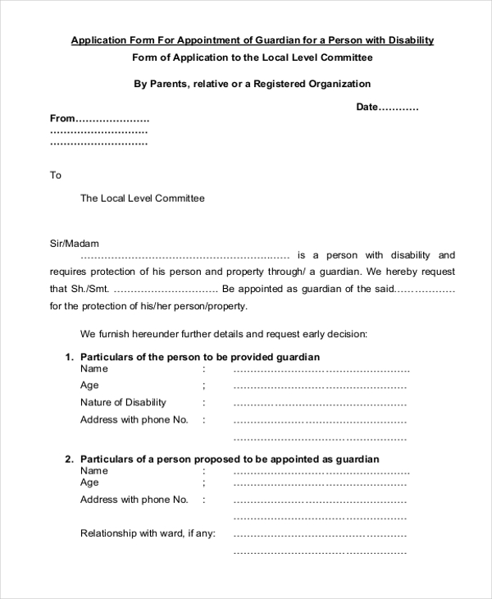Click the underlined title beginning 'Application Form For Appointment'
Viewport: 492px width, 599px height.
[x=252, y=39]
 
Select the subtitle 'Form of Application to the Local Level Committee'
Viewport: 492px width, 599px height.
[x=252, y=57]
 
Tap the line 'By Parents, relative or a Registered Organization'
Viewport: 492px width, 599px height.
[x=252, y=84]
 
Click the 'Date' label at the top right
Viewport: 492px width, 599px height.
[x=366, y=107]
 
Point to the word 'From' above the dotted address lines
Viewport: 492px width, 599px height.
[x=62, y=118]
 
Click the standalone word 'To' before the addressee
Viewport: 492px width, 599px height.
[x=56, y=175]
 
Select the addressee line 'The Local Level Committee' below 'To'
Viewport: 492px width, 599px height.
[x=142, y=198]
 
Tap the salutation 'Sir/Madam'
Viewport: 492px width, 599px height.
[x=74, y=243]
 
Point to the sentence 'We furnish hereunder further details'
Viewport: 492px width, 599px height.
[x=223, y=334]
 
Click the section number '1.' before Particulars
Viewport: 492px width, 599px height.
[x=69, y=357]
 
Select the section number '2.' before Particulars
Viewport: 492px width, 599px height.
[x=69, y=460]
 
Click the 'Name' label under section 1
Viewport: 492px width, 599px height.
[x=93, y=368]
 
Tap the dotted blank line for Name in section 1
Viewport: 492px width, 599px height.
[x=321, y=370]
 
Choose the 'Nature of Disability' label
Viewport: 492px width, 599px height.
[x=123, y=402]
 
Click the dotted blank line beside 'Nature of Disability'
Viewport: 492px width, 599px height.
[x=320, y=404]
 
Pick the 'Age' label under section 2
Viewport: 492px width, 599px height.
[x=89, y=482]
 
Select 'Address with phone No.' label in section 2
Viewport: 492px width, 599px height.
[x=134, y=500]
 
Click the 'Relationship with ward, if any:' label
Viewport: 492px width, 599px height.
[x=148, y=533]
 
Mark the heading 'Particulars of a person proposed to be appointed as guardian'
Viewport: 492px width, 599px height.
[x=230, y=460]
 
